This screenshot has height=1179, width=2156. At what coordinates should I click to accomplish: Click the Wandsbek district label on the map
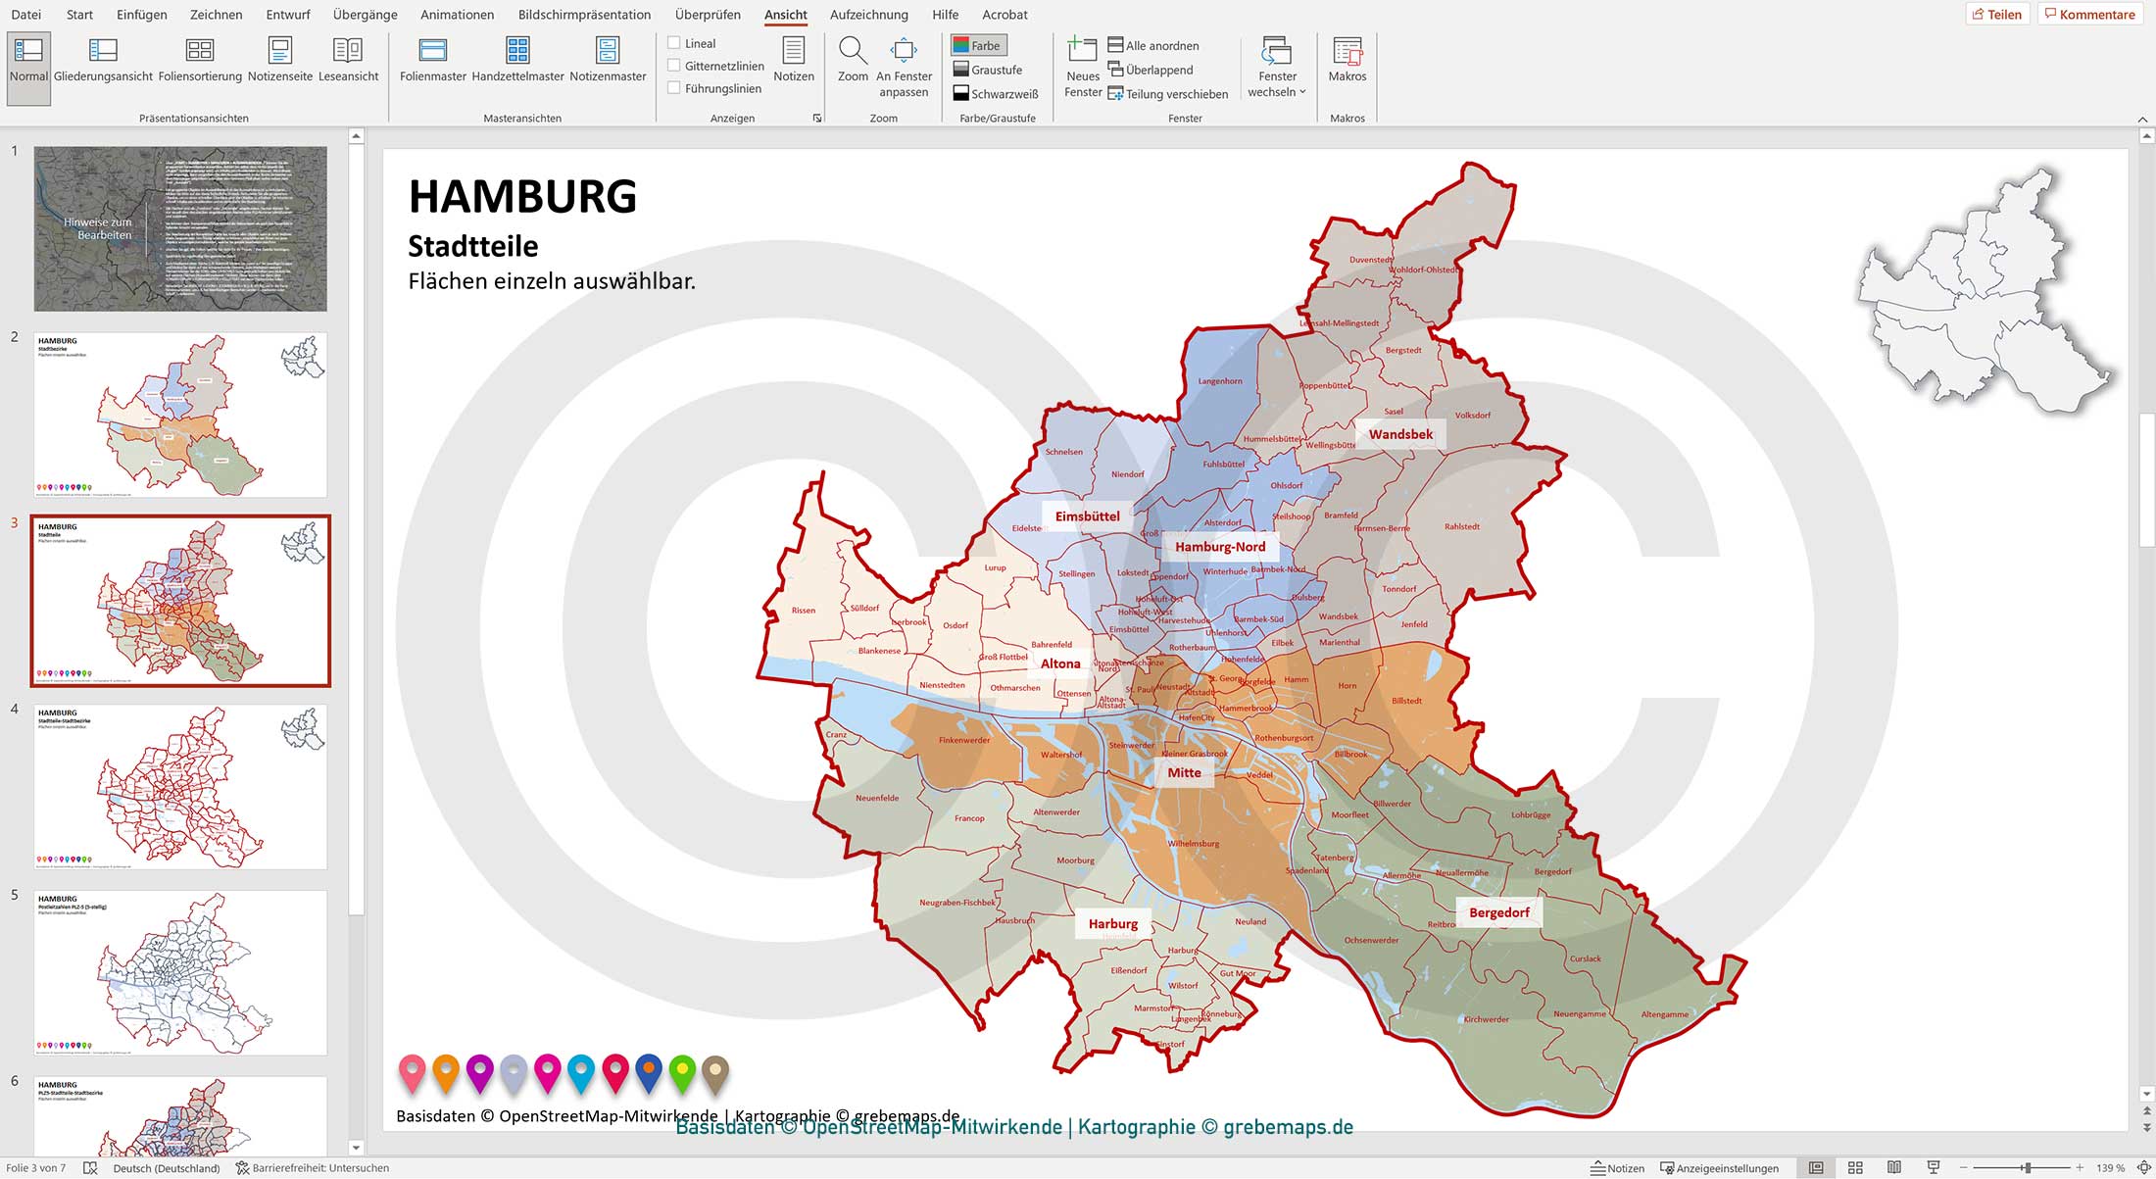coord(1400,434)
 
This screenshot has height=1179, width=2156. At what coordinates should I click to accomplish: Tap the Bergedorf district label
coord(1498,912)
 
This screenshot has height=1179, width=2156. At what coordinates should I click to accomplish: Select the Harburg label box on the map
coord(1112,923)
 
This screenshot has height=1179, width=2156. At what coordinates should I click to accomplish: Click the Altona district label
coord(1060,663)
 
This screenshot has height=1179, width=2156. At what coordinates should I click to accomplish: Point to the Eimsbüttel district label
coord(1087,516)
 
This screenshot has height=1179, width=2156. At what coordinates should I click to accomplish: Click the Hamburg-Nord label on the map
coord(1220,547)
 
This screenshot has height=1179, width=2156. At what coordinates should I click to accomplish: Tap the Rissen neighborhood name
coord(803,611)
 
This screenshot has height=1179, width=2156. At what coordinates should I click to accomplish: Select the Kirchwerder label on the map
coord(1486,1019)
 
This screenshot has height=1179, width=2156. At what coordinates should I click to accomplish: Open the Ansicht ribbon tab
coord(785,15)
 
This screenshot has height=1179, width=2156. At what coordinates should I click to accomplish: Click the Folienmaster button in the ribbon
coord(432,59)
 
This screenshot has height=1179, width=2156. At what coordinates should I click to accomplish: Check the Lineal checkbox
coord(674,43)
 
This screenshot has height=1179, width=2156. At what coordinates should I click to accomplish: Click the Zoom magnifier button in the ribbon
coord(853,59)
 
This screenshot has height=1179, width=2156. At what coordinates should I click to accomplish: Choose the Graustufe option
coord(987,70)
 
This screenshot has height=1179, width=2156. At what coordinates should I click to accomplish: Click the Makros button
coord(1347,59)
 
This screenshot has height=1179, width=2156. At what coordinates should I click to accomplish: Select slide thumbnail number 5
coord(180,972)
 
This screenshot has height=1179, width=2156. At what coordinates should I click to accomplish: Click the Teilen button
coord(1997,14)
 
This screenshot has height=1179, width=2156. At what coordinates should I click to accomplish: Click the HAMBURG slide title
coord(522,196)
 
